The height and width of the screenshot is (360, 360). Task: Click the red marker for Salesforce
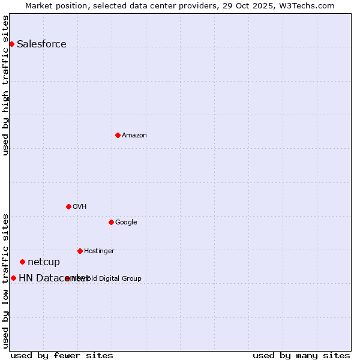(11, 44)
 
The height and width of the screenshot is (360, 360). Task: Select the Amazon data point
(118, 135)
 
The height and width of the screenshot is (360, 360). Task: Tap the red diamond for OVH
(68, 206)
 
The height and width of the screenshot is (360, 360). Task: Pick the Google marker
(111, 222)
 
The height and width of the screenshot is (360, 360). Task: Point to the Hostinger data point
(80, 251)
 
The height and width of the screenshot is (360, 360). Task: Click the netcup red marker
(22, 262)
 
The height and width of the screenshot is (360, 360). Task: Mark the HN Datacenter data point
(13, 278)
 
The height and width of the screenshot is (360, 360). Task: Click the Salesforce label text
(41, 44)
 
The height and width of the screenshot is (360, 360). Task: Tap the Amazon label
(134, 135)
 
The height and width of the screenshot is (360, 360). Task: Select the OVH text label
(80, 206)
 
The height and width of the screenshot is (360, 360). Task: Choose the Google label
(126, 222)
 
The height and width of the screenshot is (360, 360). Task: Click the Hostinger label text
(99, 251)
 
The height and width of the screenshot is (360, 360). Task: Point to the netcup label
(44, 262)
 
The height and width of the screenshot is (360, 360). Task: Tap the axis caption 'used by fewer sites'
(62, 355)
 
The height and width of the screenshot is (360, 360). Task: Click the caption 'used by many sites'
(301, 355)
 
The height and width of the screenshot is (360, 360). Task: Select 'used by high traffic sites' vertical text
(5, 85)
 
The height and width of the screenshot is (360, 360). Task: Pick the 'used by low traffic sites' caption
(5, 280)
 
